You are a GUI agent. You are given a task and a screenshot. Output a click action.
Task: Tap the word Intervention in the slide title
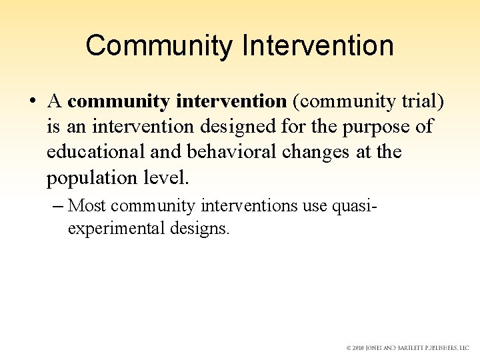click(318, 46)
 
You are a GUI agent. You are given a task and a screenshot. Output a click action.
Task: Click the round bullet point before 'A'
click(33, 102)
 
